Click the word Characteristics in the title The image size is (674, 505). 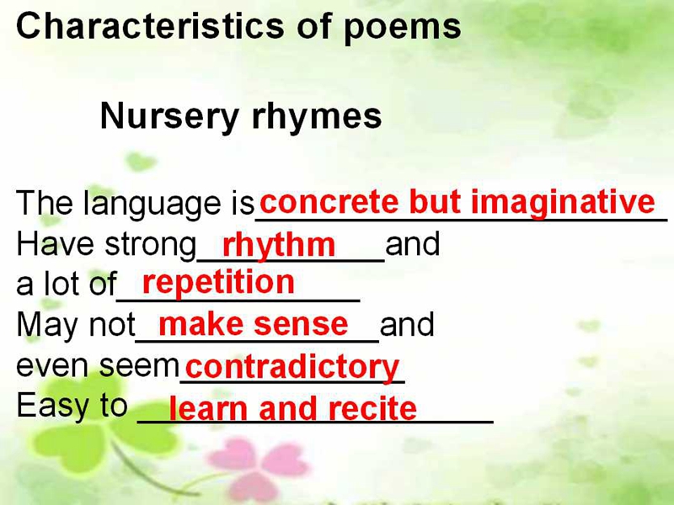[150, 26]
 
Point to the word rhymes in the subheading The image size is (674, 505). [317, 117]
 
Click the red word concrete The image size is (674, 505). [329, 202]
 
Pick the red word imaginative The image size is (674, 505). [563, 203]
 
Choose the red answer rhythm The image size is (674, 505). [279, 246]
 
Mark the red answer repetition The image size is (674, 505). [218, 284]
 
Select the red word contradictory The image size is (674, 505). [292, 368]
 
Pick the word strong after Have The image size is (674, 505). [151, 246]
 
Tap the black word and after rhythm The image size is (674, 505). [413, 243]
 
